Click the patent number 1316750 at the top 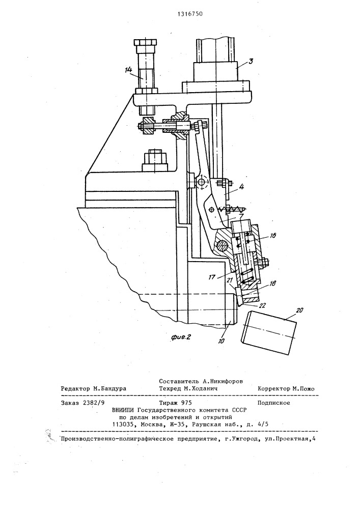(x=180, y=14)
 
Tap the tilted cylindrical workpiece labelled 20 (x=271, y=333)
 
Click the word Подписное (x=274, y=402)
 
